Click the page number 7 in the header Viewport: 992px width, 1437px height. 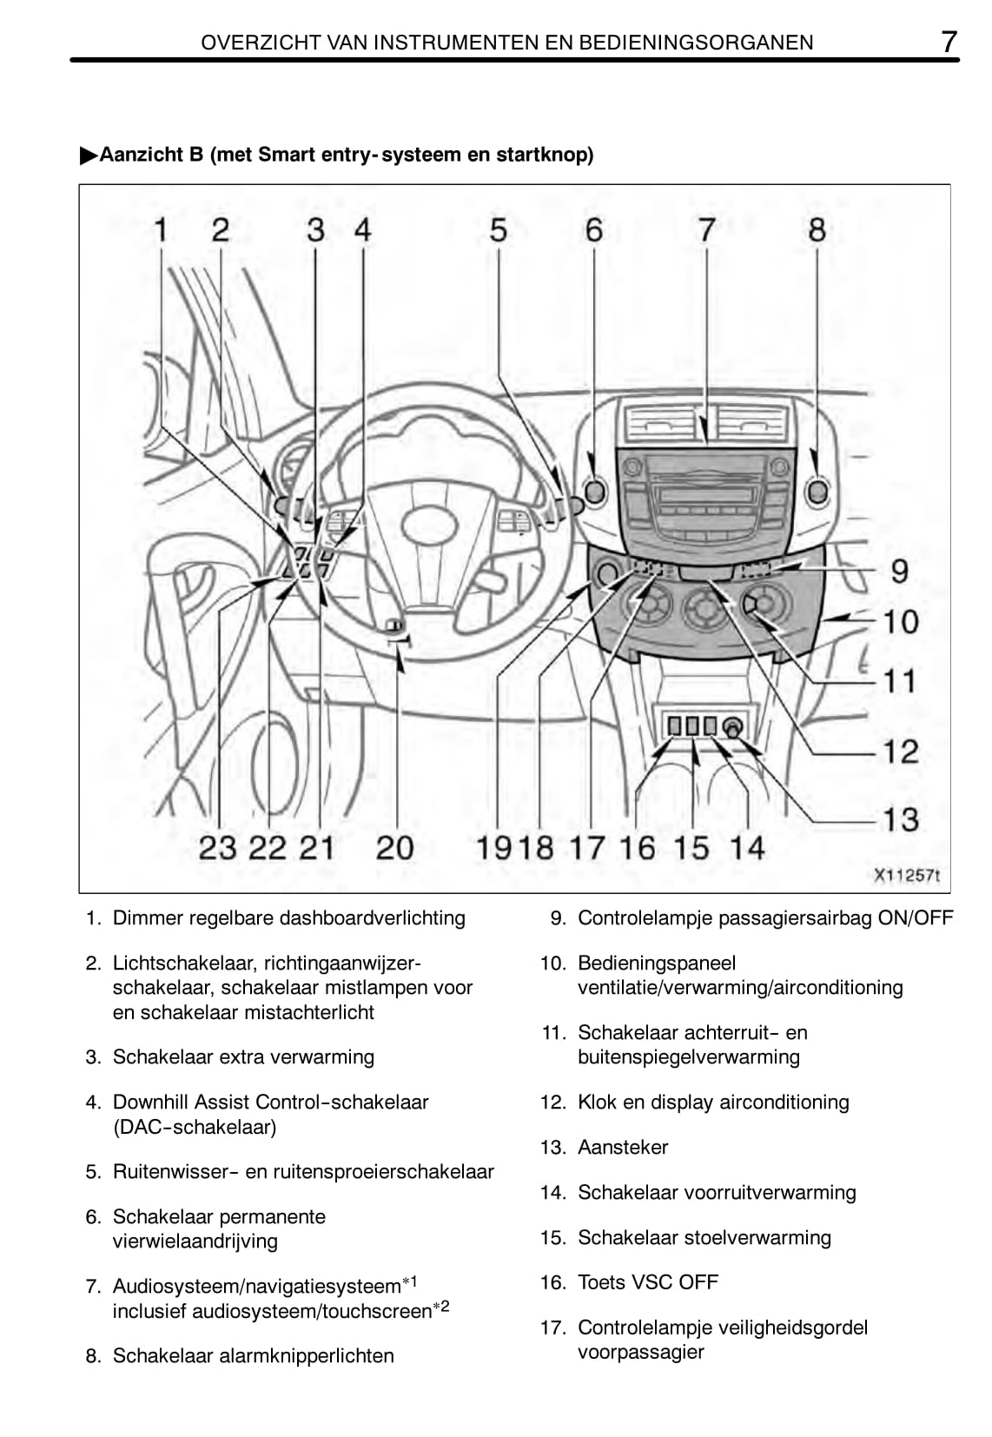[949, 41]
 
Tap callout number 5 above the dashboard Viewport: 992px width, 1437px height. [498, 230]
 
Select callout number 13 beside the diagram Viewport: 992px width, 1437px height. [901, 818]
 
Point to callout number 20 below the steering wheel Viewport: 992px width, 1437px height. [394, 847]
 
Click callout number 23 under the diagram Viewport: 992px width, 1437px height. [217, 847]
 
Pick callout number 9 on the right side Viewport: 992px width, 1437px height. [900, 571]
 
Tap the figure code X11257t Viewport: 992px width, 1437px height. [907, 875]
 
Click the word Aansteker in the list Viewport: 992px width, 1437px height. [623, 1147]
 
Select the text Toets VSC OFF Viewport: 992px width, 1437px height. [648, 1281]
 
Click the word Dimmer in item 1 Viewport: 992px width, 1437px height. [145, 917]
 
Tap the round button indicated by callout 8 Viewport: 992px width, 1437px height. [817, 492]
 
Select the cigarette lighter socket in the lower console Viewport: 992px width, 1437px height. [732, 726]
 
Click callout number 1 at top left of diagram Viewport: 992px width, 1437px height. [161, 230]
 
